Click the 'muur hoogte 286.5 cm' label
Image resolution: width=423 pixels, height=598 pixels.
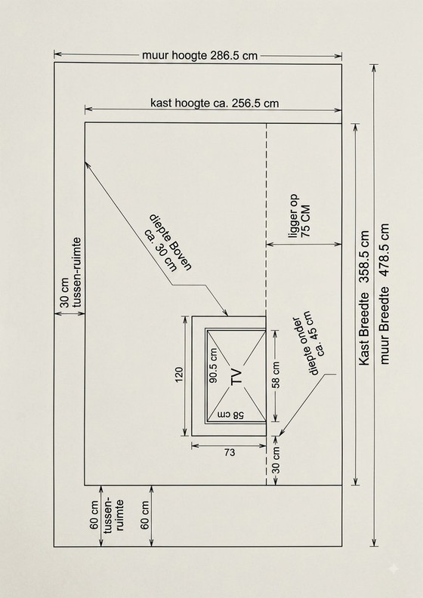200,56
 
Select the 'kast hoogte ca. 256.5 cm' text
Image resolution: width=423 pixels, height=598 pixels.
215,103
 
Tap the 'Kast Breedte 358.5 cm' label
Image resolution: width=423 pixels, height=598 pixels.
365,297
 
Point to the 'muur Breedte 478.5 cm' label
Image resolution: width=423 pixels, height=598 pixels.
384,294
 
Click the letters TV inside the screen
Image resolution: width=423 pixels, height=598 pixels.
236,376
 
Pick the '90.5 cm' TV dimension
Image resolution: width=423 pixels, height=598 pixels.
213,365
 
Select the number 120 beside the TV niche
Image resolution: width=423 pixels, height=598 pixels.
179,375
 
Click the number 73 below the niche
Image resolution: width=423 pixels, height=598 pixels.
229,452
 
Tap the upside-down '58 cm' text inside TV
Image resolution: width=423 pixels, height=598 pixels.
231,415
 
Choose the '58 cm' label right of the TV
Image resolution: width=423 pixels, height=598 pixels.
276,375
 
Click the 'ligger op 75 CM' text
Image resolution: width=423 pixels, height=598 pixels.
300,217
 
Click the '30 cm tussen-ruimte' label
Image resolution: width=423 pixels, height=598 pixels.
70,273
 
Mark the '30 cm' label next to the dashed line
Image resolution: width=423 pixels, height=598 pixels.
276,461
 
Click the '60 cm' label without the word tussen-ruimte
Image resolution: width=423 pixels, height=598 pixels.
144,515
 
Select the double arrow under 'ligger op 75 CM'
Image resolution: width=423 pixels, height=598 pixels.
304,244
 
